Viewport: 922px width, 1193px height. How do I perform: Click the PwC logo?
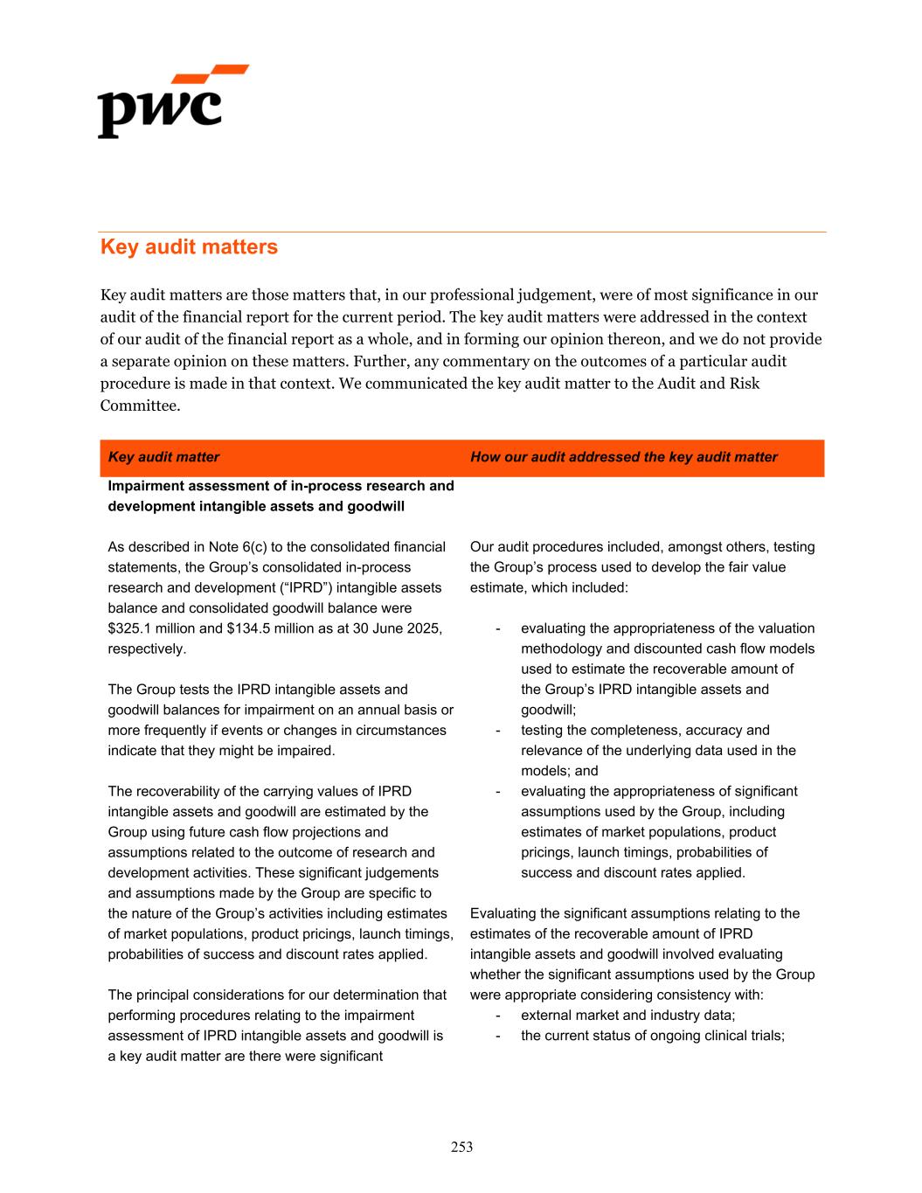click(x=172, y=101)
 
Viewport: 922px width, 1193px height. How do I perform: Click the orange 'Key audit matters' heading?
click(x=189, y=247)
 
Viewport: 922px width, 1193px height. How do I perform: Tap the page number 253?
click(x=461, y=1147)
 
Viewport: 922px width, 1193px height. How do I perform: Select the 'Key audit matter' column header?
click(x=163, y=457)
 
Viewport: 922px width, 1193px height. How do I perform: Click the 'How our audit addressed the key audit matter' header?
click(x=623, y=457)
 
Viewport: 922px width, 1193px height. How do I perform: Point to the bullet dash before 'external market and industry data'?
click(x=498, y=1016)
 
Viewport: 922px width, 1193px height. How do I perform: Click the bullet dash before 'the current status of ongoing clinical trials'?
click(x=498, y=1036)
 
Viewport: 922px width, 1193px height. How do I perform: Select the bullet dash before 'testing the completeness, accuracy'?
click(x=498, y=731)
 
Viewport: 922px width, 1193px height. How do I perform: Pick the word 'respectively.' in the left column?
click(x=146, y=649)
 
